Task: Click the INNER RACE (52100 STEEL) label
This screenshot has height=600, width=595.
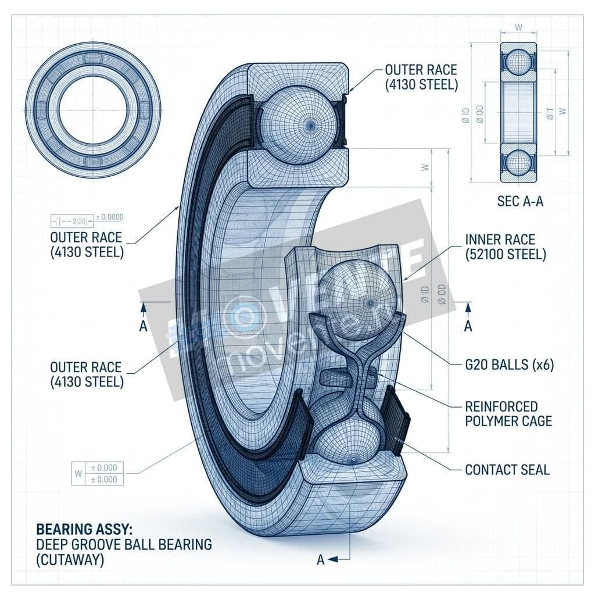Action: pyautogui.click(x=506, y=247)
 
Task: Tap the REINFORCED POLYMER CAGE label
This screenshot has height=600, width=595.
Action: pyautogui.click(x=508, y=413)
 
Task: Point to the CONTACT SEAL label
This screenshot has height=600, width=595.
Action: pyautogui.click(x=507, y=469)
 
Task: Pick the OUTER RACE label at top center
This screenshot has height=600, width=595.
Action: pyautogui.click(x=421, y=77)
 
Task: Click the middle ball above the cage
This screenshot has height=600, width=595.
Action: pyautogui.click(x=357, y=299)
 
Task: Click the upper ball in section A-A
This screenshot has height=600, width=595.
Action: pyautogui.click(x=518, y=65)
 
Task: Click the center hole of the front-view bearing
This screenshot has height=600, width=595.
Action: pyautogui.click(x=93, y=109)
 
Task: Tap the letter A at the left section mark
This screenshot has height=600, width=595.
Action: pyautogui.click(x=144, y=326)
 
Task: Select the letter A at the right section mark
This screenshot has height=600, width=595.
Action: pyautogui.click(x=468, y=326)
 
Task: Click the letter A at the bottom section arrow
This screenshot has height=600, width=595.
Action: pyautogui.click(x=320, y=560)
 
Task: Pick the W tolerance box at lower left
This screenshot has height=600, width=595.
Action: pyautogui.click(x=96, y=473)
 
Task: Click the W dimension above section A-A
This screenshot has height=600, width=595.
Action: pyautogui.click(x=518, y=26)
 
